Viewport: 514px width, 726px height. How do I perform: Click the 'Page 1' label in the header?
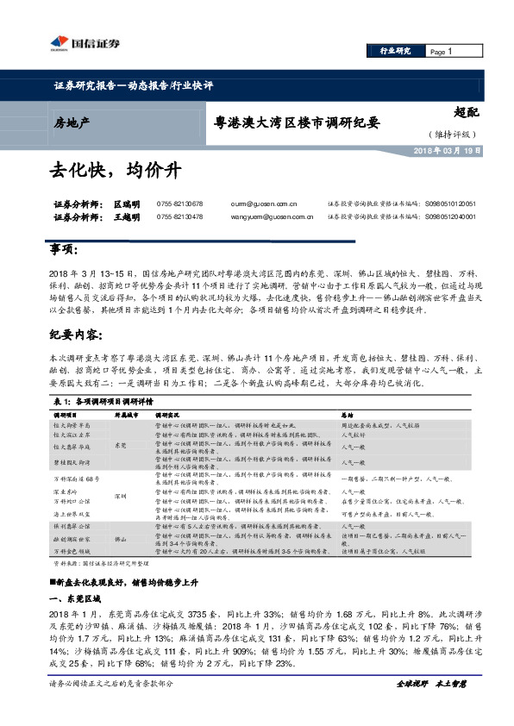pyautogui.click(x=441, y=52)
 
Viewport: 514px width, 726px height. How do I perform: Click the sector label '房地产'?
pyautogui.click(x=72, y=122)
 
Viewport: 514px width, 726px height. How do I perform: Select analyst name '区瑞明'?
pyautogui.click(x=126, y=204)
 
